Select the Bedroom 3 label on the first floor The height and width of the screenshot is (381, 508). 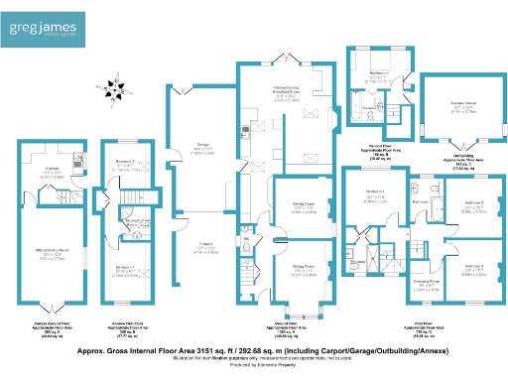(473, 266)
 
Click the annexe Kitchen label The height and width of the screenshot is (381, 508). (51, 172)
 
